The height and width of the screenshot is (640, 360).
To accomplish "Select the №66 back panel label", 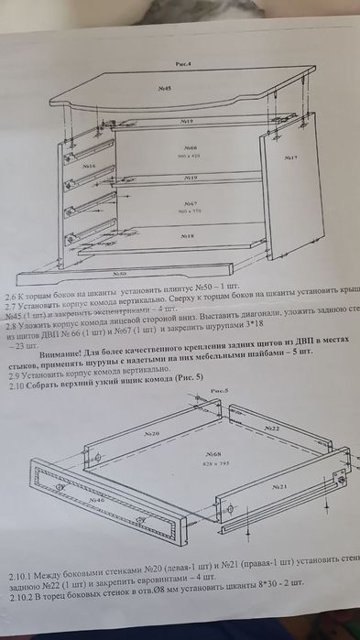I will coord(191,146).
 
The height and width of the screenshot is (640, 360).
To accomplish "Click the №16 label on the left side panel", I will coord(89,166).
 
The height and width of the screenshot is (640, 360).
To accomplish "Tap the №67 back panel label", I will coord(191,202).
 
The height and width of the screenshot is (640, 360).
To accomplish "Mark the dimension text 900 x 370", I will coord(190,211).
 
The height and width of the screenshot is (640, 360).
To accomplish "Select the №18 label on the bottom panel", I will coord(186,235).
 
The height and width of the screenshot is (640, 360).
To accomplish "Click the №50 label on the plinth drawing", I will coord(119,273).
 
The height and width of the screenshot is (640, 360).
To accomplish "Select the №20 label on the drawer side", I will coord(151,432).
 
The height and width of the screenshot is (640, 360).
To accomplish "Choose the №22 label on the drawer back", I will coord(271,428).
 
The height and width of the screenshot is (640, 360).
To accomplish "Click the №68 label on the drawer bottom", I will coord(211,454).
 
